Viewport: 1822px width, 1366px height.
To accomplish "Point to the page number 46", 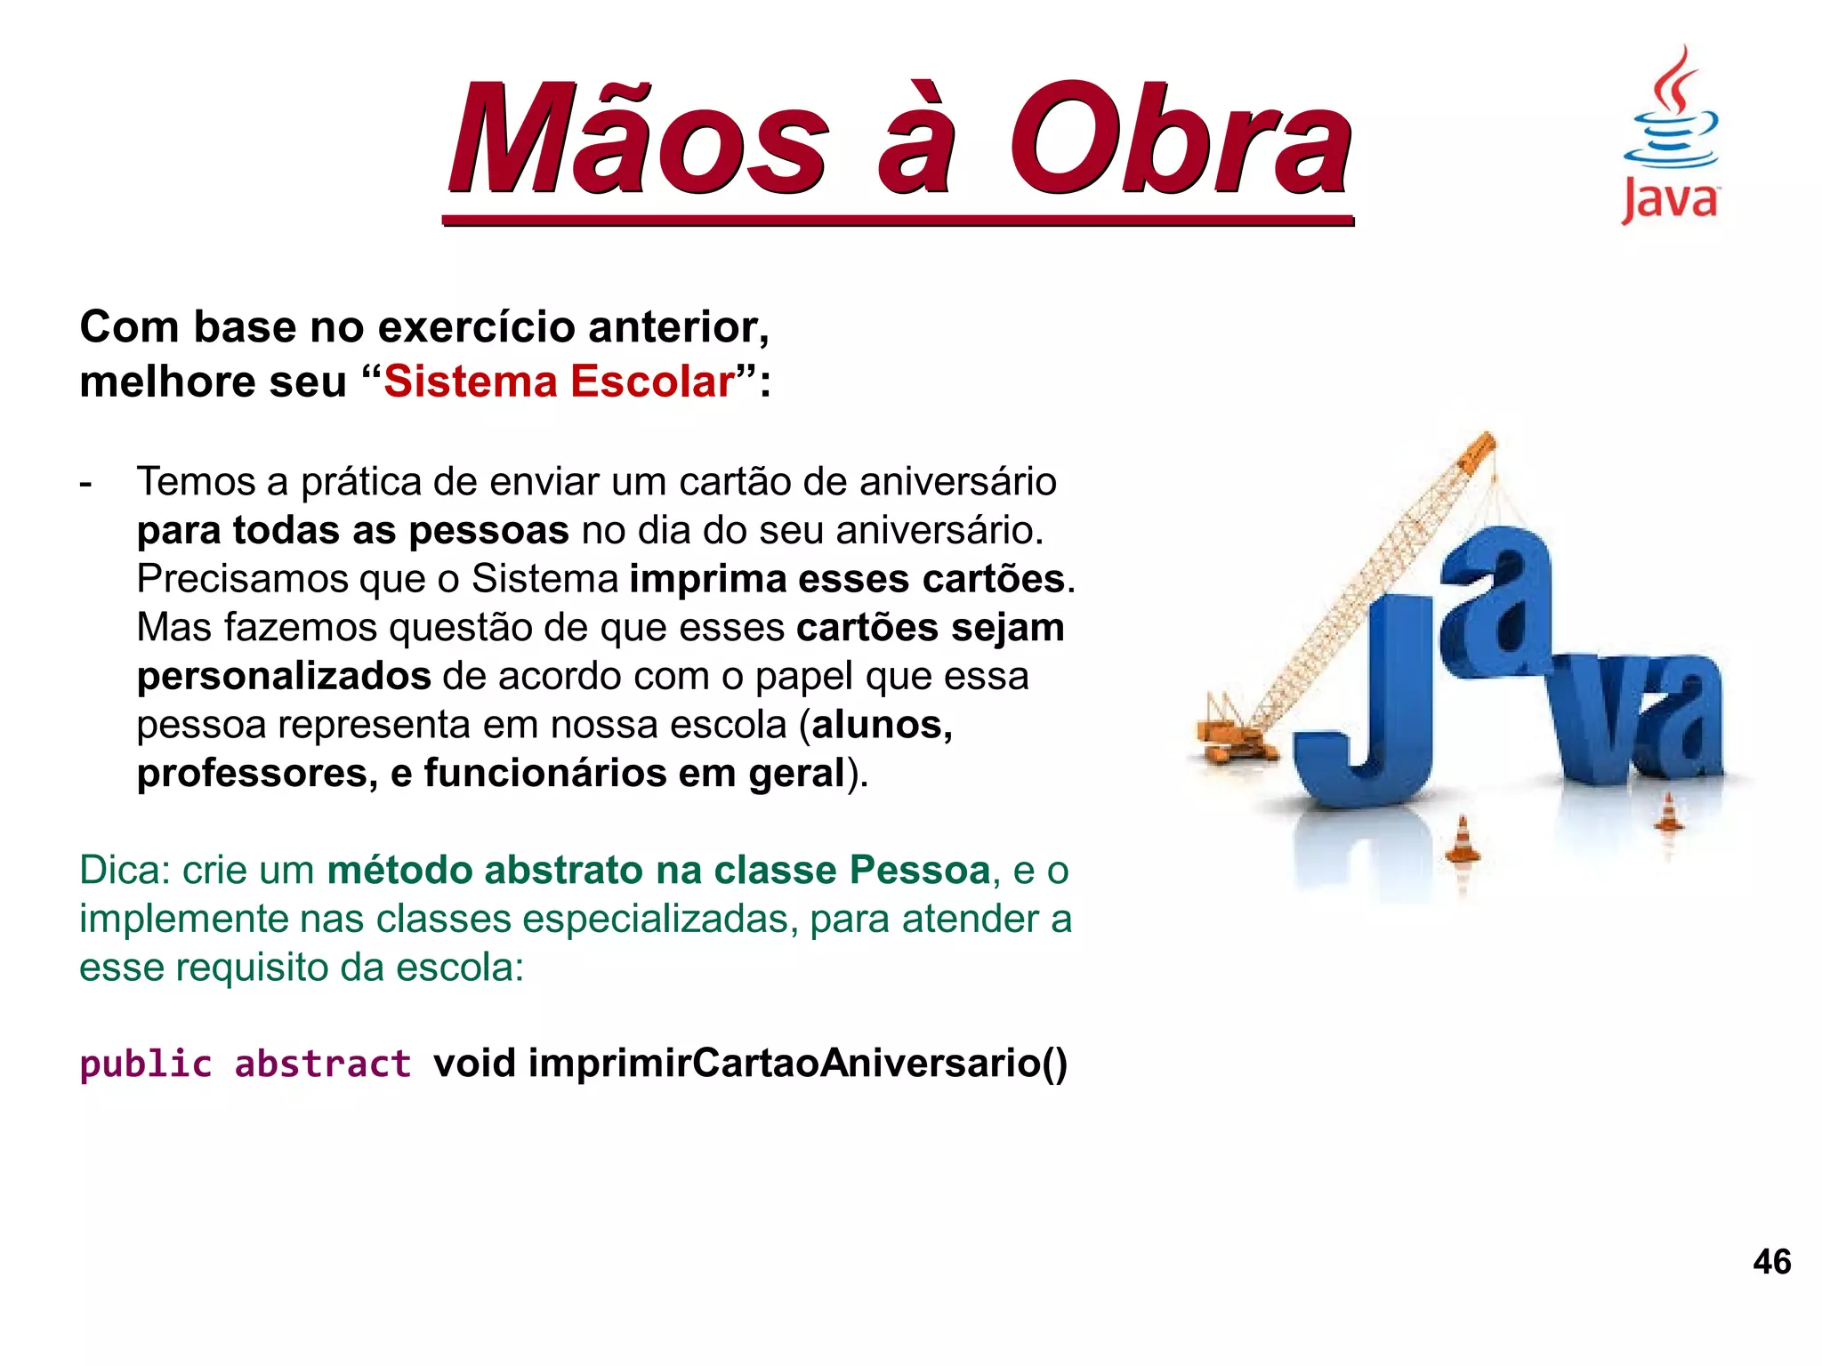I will tap(1771, 1262).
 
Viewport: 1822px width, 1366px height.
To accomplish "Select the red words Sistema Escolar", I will tap(560, 382).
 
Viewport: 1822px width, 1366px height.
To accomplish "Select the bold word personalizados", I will tap(284, 677).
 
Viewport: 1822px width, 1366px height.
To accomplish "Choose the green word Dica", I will tap(124, 871).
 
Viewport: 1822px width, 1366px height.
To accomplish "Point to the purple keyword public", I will tap(146, 1065).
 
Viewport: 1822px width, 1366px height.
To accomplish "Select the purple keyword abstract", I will tap(322, 1065).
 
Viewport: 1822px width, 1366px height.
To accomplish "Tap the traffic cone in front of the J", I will tap(1463, 840).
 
